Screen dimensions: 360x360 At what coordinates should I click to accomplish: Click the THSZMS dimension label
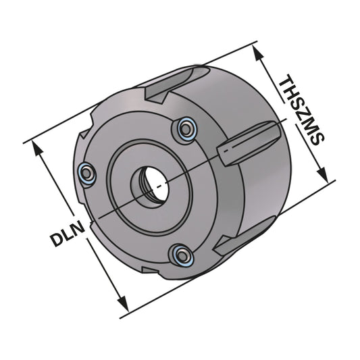(302, 109)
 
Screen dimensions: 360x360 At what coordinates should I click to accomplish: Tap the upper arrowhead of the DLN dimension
(38, 150)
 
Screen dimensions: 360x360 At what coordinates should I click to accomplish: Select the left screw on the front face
(86, 174)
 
